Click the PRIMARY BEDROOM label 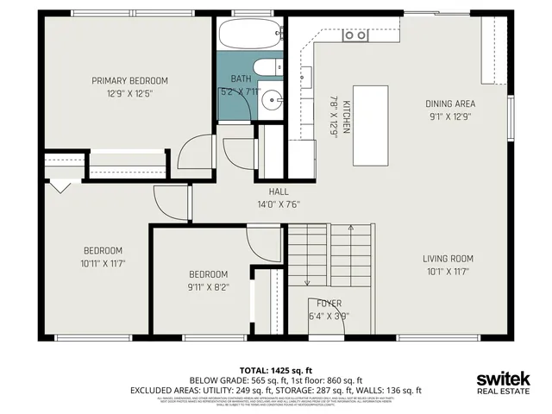(129, 80)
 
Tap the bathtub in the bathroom (250, 34)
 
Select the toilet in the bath (266, 68)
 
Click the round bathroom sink (273, 99)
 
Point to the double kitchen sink (354, 34)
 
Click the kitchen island (370, 126)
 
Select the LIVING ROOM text (448, 258)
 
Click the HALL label (278, 191)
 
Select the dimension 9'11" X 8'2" (209, 288)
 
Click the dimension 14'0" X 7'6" (278, 204)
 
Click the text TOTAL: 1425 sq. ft (276, 369)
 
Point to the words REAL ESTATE (505, 392)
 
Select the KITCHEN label (347, 116)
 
